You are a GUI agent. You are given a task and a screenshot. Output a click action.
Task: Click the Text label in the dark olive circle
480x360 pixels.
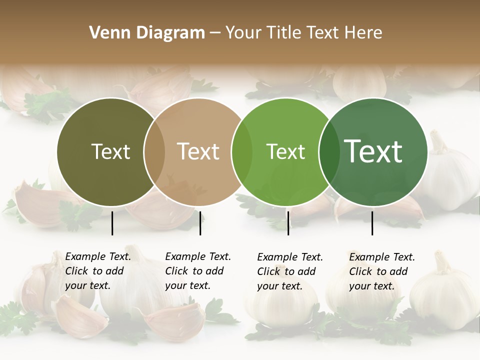(110, 152)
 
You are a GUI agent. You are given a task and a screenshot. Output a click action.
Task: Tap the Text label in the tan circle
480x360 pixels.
(198, 152)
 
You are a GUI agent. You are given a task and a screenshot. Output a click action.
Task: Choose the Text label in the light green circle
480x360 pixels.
(285, 152)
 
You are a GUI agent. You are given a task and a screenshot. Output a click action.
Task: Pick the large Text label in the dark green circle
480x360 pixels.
(373, 151)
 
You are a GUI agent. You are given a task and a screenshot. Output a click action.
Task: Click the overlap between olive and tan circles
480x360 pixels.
(154, 152)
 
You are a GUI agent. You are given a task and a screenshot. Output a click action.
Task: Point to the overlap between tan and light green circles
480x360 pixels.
(242, 152)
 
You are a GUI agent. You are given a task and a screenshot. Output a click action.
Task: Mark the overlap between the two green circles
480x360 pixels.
(329, 152)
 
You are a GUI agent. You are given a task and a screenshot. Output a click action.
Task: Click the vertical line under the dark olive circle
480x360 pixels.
(112, 223)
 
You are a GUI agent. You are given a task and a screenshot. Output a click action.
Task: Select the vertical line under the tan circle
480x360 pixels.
(200, 223)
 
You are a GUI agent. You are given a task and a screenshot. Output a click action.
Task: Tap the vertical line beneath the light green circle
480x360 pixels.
(288, 223)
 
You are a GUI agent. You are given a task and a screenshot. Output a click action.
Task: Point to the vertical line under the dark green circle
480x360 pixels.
(372, 223)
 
